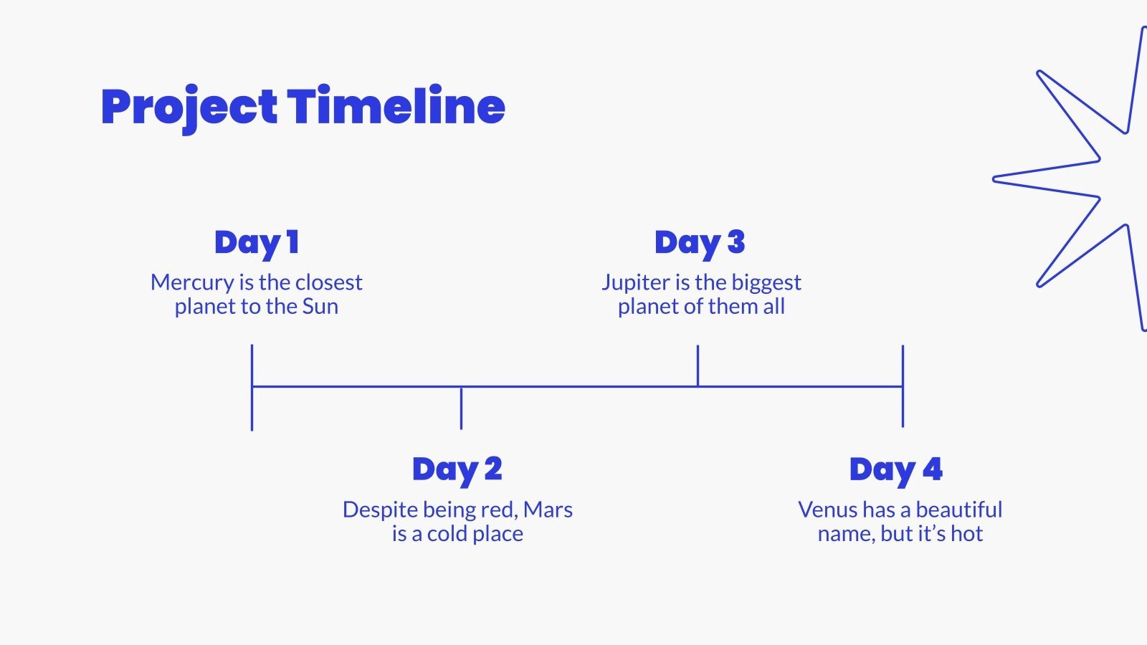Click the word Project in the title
(189, 108)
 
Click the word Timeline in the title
(396, 106)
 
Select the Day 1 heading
(257, 243)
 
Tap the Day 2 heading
(457, 470)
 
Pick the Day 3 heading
(700, 243)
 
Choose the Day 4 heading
(895, 470)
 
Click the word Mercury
(192, 283)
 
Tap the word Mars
(548, 510)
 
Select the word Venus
(827, 510)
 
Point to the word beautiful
(958, 510)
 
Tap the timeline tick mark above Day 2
(461, 408)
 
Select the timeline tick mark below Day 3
(698, 365)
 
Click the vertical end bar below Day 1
(252, 388)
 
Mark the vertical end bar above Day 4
(903, 386)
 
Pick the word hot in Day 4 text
(967, 534)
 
